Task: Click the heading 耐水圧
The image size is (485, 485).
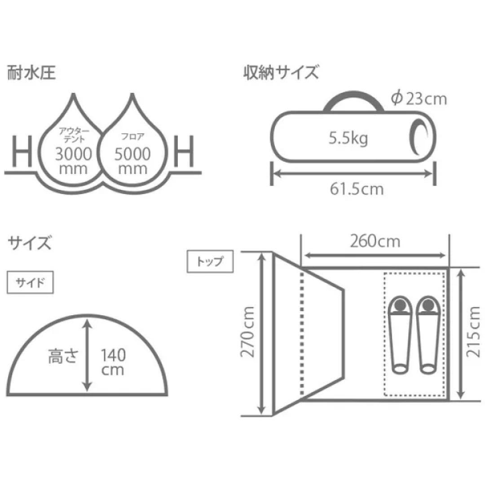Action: coord(31,73)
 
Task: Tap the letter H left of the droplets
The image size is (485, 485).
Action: coord(22,151)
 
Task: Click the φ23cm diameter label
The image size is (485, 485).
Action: coord(419,99)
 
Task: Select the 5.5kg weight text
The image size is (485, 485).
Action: coord(348,139)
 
